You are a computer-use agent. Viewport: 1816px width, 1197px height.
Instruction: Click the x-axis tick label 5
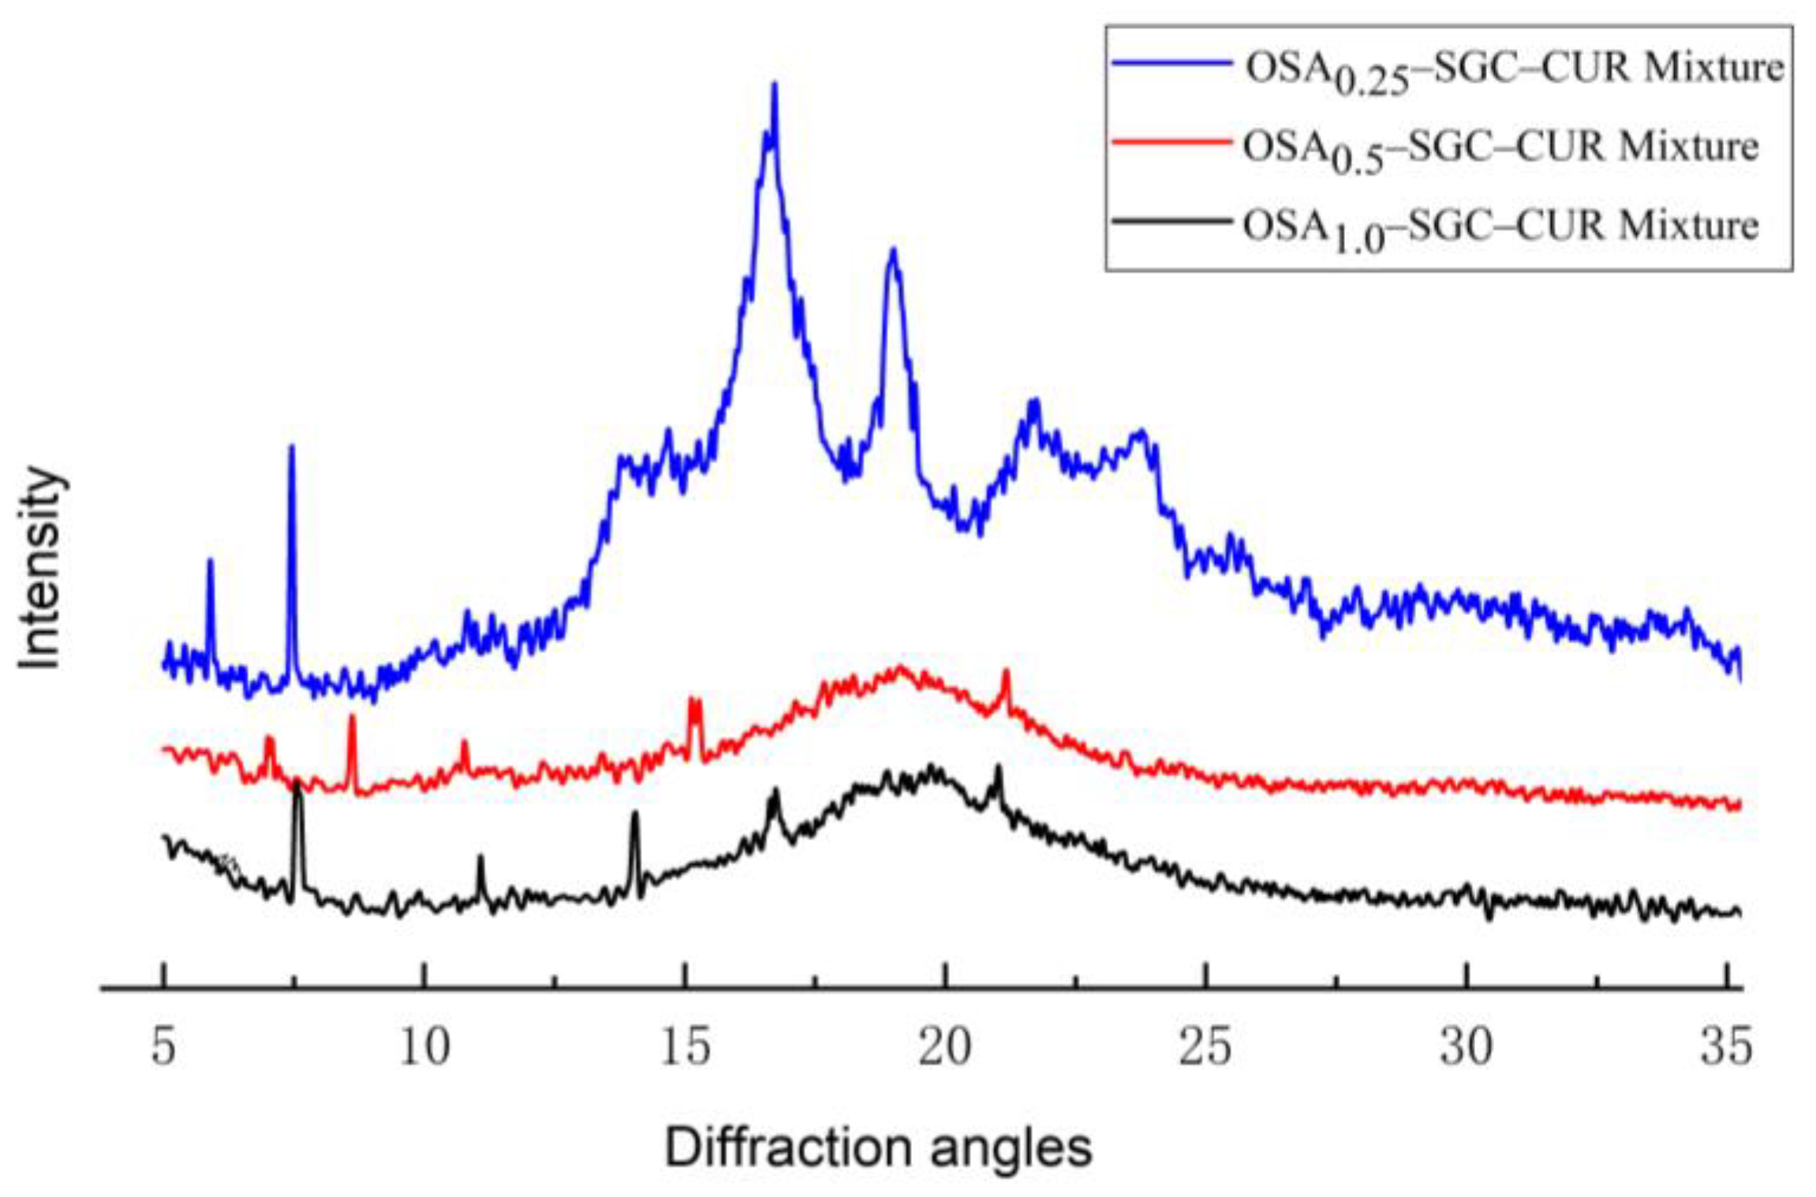[163, 1047]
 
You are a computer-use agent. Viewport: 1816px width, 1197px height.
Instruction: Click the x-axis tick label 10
[424, 1047]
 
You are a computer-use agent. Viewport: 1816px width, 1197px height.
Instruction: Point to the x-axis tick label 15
[686, 1047]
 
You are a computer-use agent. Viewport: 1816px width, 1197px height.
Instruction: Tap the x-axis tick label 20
[945, 1047]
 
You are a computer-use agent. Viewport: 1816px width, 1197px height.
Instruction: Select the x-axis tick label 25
[1205, 1047]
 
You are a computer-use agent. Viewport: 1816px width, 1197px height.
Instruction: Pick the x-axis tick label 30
[1466, 1047]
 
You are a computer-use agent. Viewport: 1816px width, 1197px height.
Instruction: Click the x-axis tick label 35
[1726, 1047]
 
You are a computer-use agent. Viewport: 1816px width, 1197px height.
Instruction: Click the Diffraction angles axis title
[878, 1148]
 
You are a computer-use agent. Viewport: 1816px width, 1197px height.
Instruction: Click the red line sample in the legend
[1171, 143]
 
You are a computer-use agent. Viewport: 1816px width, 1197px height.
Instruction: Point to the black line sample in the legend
[1171, 222]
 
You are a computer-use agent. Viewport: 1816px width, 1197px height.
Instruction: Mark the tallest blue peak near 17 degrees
[774, 85]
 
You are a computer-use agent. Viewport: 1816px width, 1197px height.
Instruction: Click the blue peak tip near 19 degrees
[893, 251]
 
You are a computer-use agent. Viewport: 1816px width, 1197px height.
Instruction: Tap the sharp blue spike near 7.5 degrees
[291, 447]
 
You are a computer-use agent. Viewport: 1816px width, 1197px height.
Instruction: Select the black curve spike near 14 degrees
[634, 814]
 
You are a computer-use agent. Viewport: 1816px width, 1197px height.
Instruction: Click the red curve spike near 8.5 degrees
[352, 716]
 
